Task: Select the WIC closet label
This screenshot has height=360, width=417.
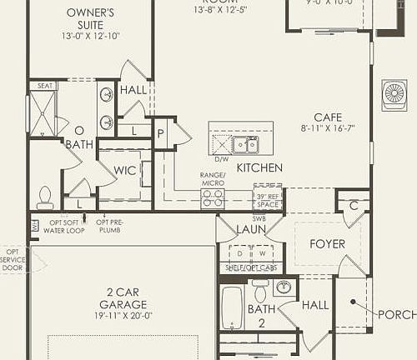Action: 125,170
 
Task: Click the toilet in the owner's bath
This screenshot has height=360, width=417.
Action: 45,197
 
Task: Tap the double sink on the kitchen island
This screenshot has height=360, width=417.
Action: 245,145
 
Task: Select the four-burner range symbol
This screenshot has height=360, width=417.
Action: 213,198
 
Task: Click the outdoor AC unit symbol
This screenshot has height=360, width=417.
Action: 393,93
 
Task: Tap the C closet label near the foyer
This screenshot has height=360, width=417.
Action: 354,204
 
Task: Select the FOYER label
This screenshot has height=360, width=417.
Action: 327,244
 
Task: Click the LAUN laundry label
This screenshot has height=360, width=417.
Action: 251,228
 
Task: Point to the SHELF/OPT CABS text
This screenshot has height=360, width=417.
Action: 251,267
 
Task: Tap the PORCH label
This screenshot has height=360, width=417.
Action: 396,314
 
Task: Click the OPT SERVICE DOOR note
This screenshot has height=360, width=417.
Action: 13,259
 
